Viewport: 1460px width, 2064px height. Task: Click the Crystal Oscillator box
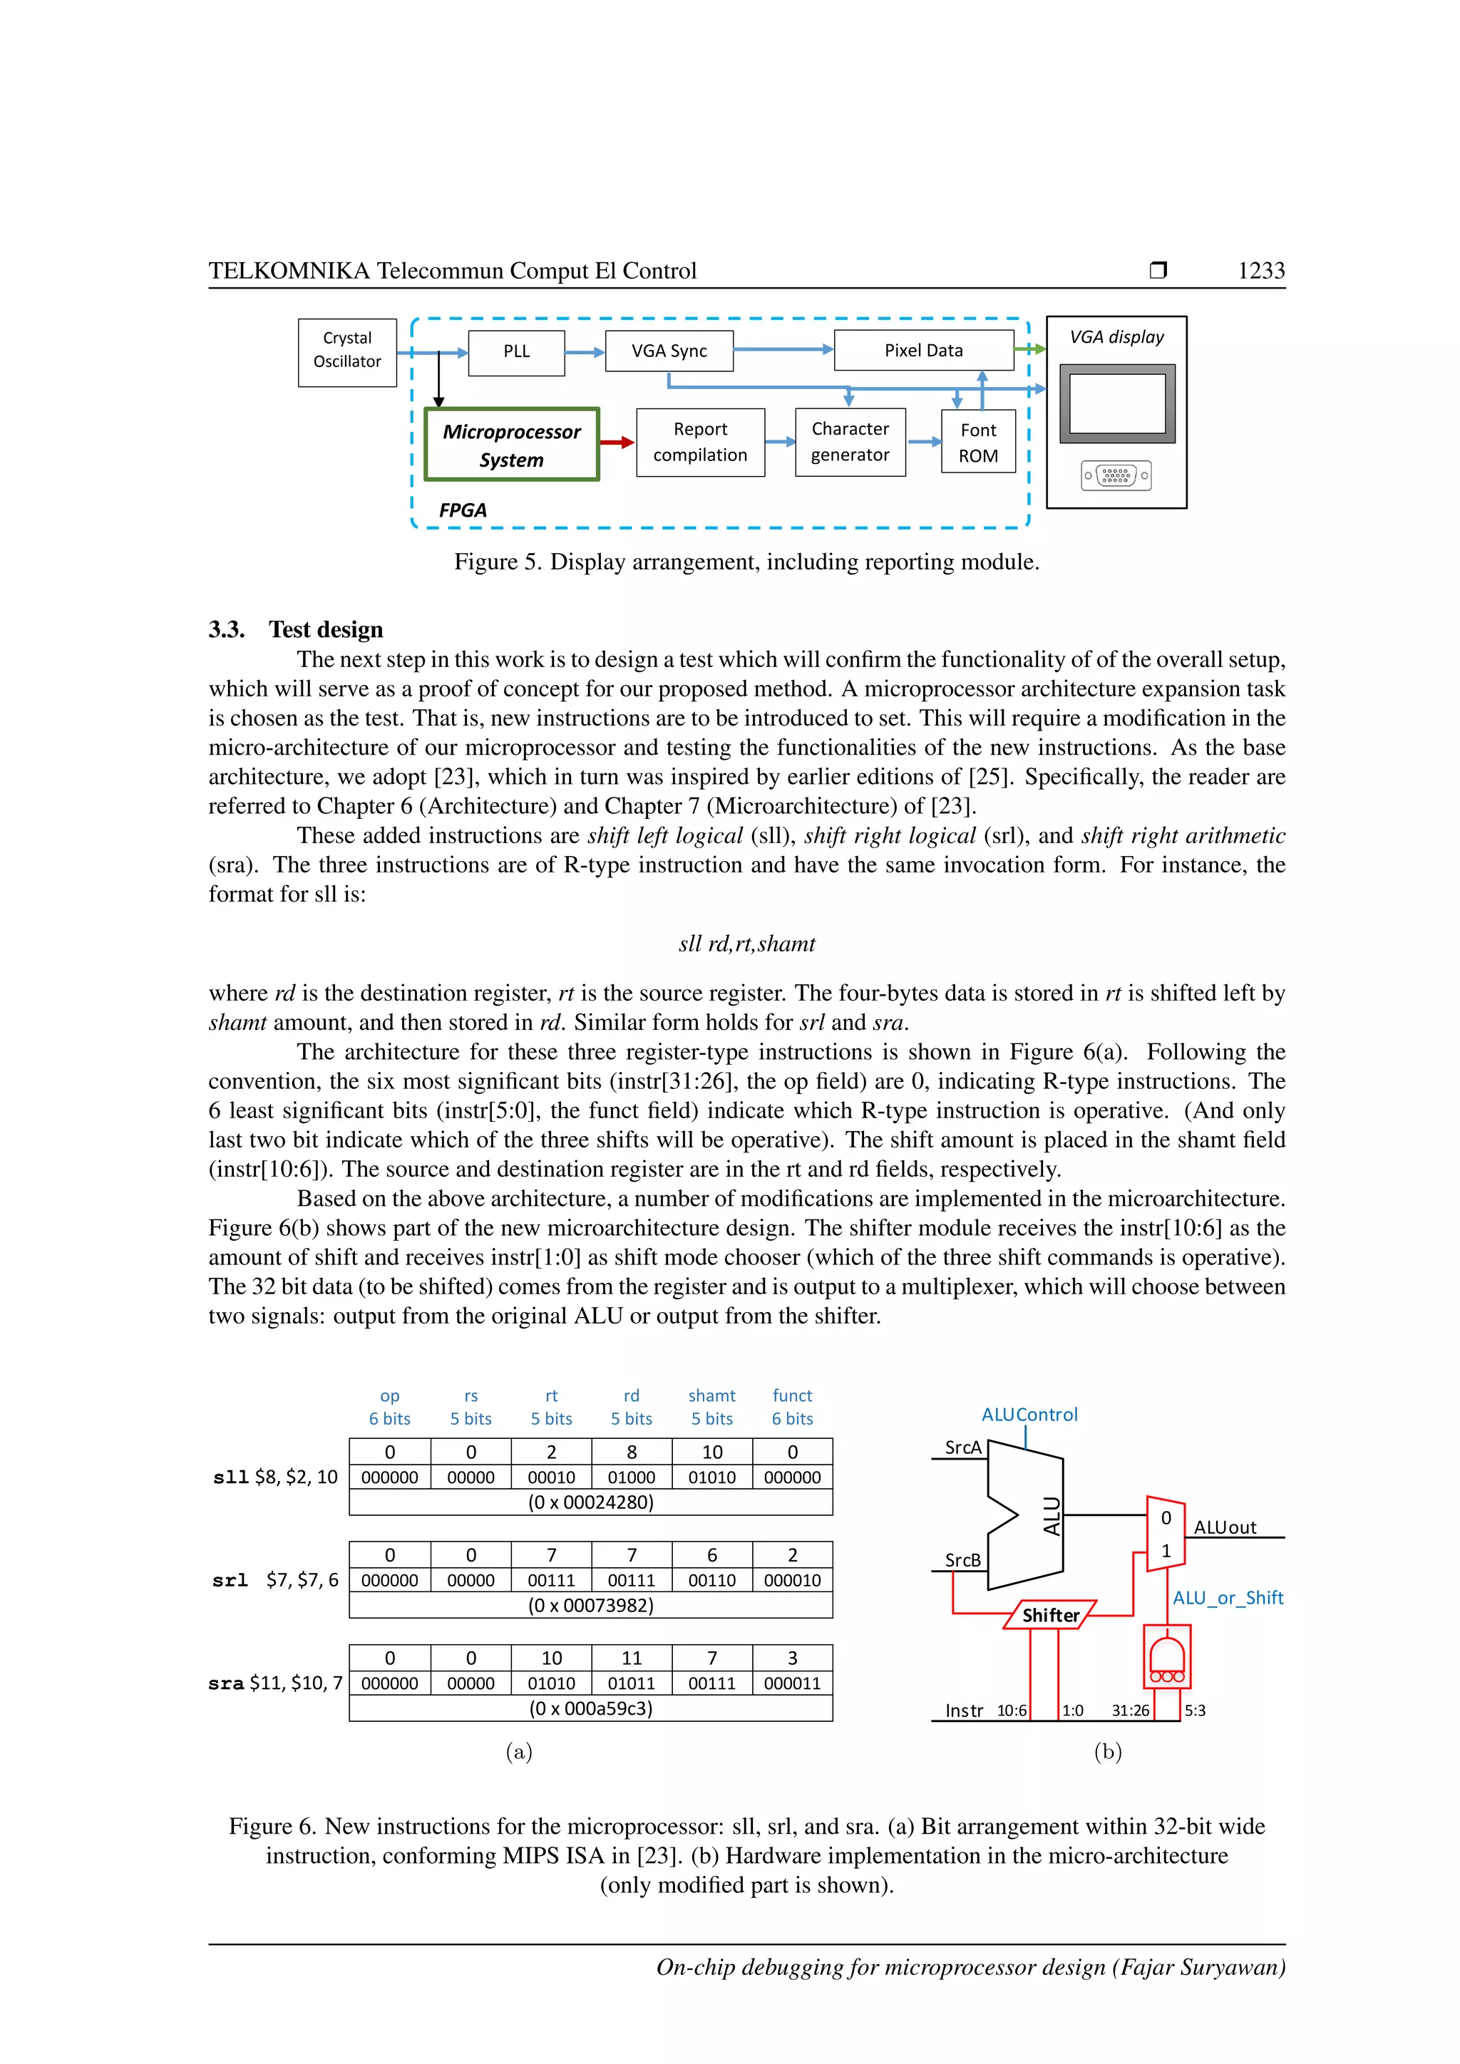[347, 352]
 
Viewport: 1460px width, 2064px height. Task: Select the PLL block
[516, 352]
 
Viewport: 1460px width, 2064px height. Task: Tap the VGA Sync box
[669, 351]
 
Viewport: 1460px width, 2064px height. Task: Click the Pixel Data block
[923, 351]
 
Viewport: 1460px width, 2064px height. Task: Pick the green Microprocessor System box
[512, 445]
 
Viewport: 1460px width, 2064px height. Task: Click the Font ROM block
[978, 443]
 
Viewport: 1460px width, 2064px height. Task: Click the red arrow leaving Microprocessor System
[617, 443]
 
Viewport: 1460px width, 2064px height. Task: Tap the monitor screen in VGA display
[1116, 403]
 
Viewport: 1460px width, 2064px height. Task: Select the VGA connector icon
[1116, 475]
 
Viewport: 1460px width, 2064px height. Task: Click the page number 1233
[1260, 271]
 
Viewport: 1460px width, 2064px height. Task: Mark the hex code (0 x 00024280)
[591, 1502]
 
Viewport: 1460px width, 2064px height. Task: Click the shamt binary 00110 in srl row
[712, 1579]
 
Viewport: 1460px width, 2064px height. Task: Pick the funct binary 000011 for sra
[792, 1683]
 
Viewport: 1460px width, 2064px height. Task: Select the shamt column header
[712, 1396]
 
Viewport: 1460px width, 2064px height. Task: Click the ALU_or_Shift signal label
[1227, 1597]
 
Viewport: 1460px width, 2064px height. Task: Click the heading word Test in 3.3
[289, 629]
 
